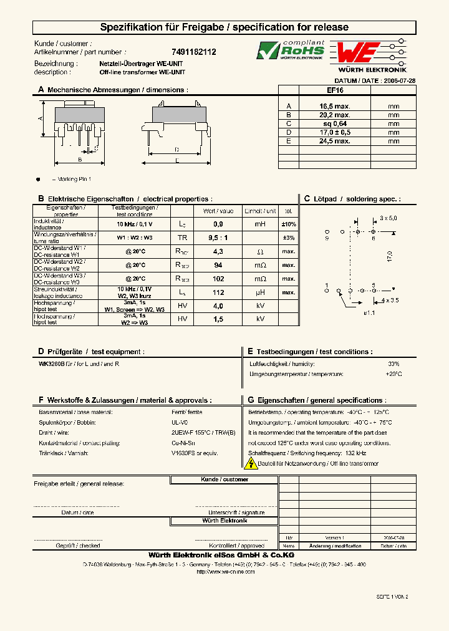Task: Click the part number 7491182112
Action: click(x=193, y=53)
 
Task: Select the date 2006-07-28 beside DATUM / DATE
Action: click(x=399, y=81)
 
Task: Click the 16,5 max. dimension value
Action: click(x=335, y=107)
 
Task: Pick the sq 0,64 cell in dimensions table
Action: click(x=335, y=123)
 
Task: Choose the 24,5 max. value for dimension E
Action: click(x=335, y=141)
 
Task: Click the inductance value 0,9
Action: click(x=218, y=223)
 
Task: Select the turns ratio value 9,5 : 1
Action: click(x=218, y=238)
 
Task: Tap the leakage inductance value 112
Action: click(x=218, y=292)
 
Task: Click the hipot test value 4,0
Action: click(x=218, y=306)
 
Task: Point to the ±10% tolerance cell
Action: click(x=288, y=223)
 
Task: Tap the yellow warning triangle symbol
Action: click(x=251, y=463)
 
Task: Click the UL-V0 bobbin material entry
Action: click(x=179, y=423)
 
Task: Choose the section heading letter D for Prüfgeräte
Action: click(x=41, y=352)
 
